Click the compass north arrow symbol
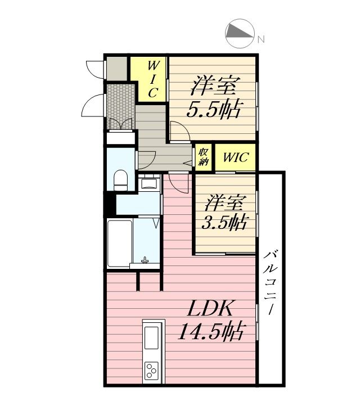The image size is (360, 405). click(x=240, y=33)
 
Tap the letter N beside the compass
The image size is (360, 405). click(x=261, y=39)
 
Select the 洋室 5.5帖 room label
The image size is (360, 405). click(x=214, y=97)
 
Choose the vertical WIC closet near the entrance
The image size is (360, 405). click(x=152, y=79)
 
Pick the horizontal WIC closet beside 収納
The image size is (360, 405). click(x=235, y=157)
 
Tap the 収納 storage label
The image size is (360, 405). click(x=203, y=157)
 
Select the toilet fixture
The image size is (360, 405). click(x=120, y=180)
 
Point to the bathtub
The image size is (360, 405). click(x=120, y=244)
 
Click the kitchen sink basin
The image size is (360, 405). click(x=151, y=338)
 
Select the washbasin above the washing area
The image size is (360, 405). click(x=148, y=182)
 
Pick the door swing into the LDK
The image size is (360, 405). click(x=179, y=183)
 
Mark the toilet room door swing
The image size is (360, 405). click(x=146, y=160)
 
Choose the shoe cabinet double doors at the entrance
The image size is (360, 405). click(x=120, y=123)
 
